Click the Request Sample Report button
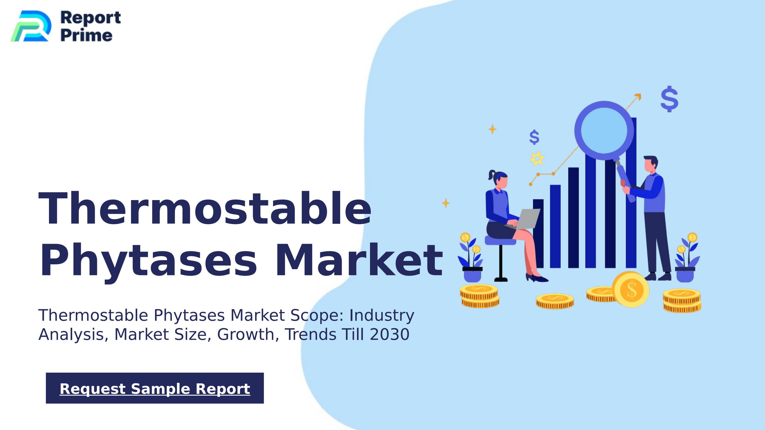point(155,388)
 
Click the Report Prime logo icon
point(31,26)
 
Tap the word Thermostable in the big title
point(205,209)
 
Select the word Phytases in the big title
point(148,260)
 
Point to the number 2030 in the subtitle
point(390,334)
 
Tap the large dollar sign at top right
point(669,99)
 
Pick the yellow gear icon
point(537,159)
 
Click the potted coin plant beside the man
point(687,258)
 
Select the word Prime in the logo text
point(86,35)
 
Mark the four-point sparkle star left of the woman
point(445,203)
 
